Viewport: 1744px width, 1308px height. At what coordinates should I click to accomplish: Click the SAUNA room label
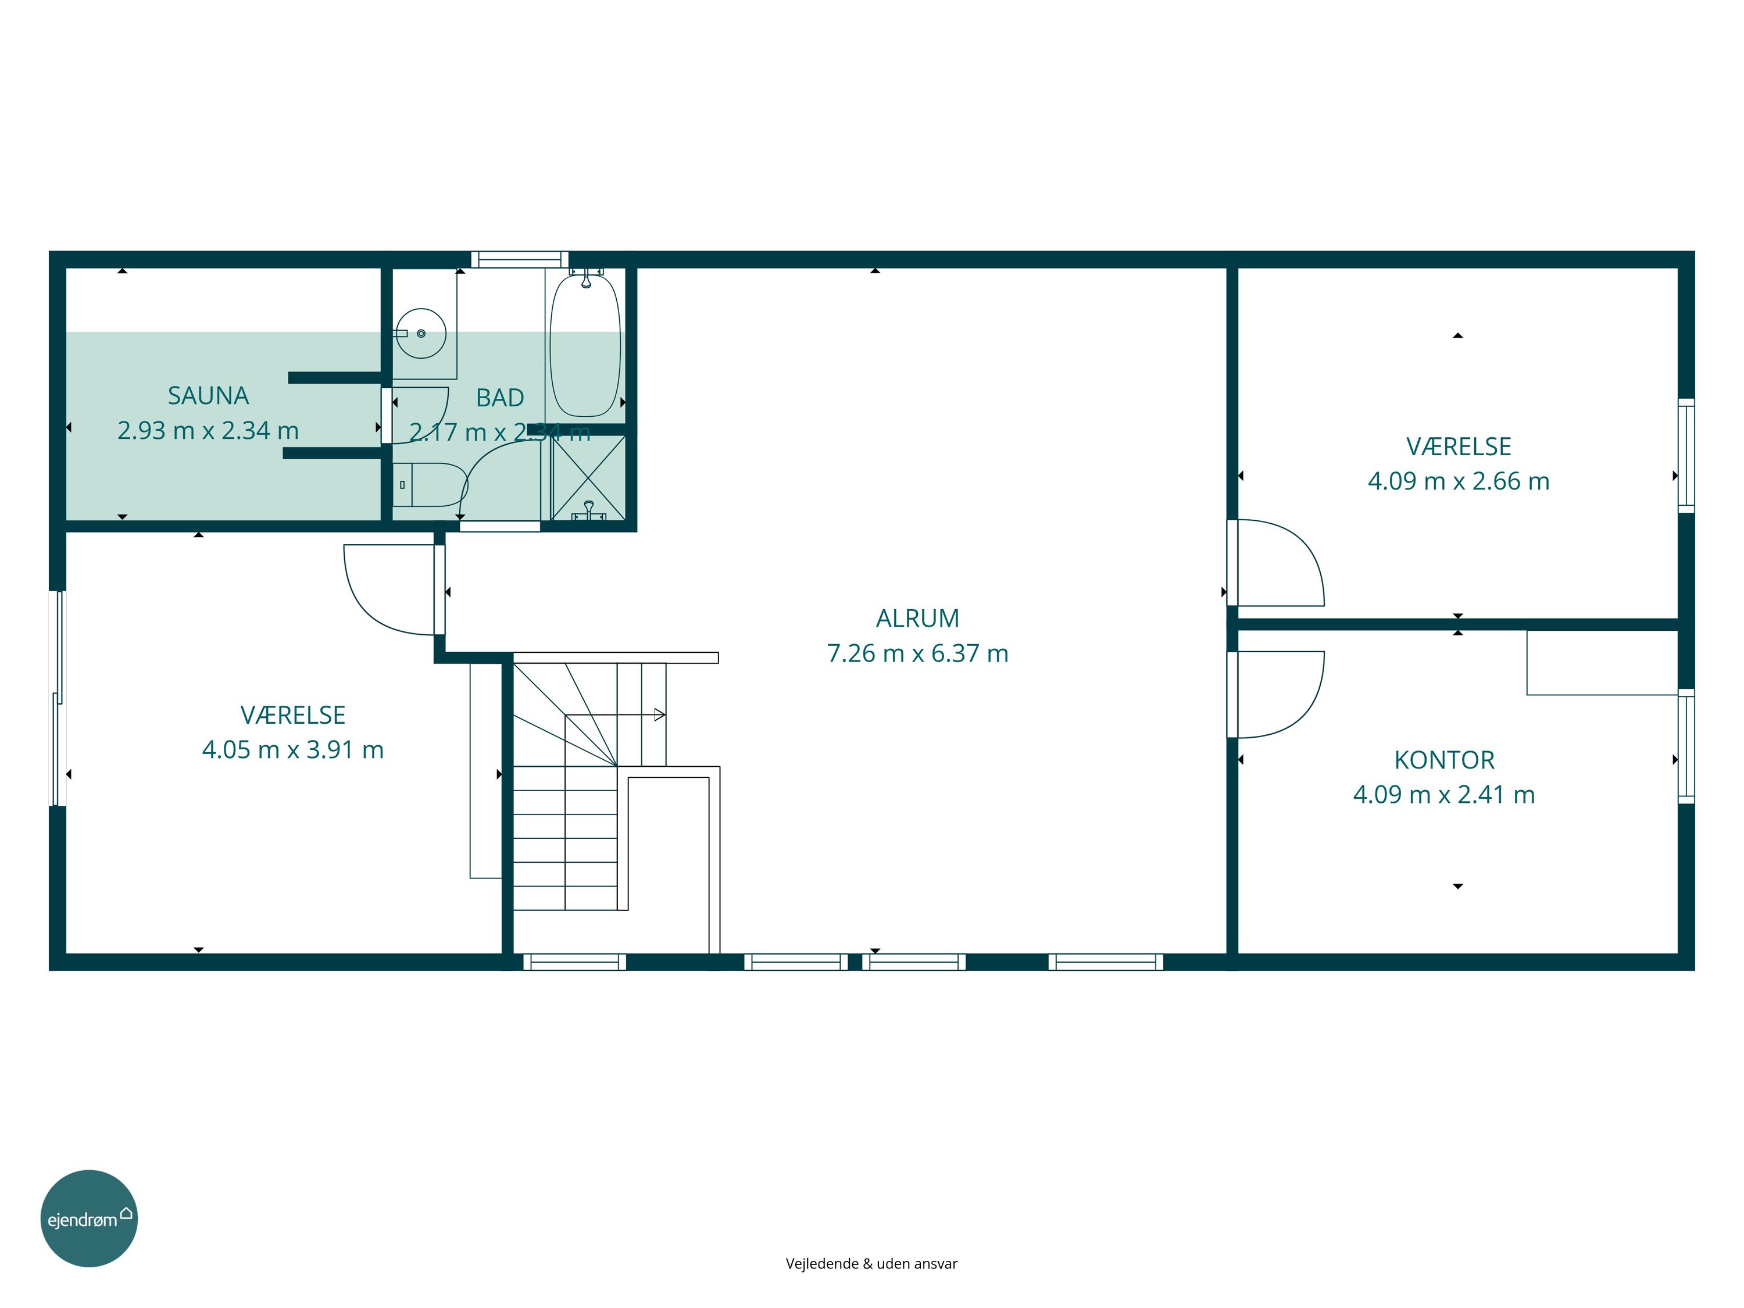pos(208,396)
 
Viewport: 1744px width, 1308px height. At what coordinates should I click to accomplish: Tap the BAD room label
pos(500,398)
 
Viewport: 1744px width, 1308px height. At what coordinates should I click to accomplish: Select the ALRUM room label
pos(918,619)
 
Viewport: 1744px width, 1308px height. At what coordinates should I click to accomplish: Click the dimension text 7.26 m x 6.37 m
pos(918,653)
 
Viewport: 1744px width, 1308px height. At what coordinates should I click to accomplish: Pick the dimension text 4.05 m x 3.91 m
pos(292,750)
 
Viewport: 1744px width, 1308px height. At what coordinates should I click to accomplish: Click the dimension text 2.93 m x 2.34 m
pos(208,431)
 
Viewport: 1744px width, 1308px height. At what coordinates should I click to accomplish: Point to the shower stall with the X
pos(588,478)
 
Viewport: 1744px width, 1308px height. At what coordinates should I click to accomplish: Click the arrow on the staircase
pos(616,715)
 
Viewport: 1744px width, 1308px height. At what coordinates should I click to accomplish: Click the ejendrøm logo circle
pos(89,1218)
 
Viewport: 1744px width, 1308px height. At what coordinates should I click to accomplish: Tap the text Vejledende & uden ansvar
pos(871,1264)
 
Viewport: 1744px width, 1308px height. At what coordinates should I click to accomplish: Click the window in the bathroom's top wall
pos(520,259)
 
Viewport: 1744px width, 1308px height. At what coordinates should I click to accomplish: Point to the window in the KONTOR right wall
pos(1686,746)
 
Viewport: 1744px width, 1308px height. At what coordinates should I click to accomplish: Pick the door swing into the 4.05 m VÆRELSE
pos(370,607)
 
